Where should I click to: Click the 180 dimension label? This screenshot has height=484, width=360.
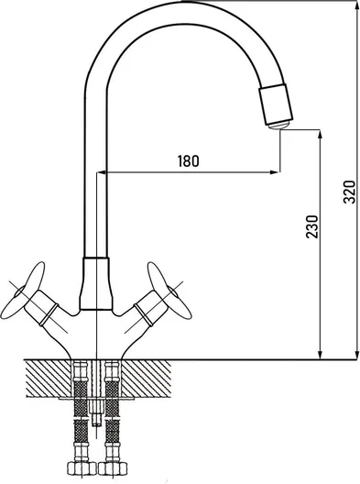tap(188, 160)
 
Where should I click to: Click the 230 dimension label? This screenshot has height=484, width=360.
tap(311, 226)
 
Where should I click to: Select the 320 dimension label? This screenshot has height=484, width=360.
tap(350, 192)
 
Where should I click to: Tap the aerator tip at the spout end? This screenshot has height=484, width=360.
tap(278, 125)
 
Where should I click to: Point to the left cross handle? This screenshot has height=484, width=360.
tap(22, 291)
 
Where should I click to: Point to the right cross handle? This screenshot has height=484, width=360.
tap(169, 291)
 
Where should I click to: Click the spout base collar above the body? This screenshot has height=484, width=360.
tap(95, 283)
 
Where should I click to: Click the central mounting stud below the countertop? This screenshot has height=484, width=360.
tap(96, 412)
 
